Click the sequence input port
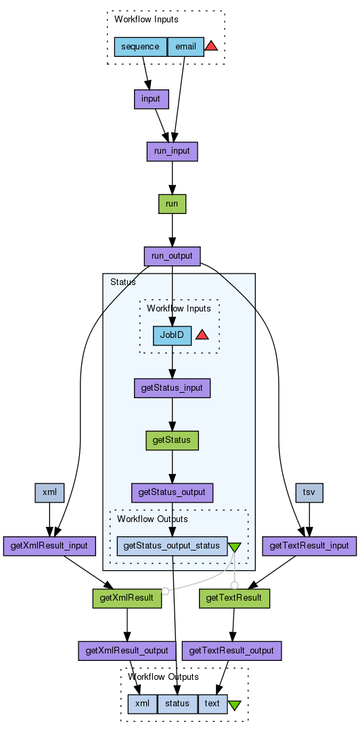tap(141, 47)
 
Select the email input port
tap(185, 47)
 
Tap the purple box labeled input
tap(151, 99)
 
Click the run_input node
tap(173, 151)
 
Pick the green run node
tap(173, 204)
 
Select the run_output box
tap(173, 256)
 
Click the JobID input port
tap(172, 335)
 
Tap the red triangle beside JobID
tap(202, 335)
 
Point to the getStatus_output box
tap(172, 492)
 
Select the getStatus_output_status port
tap(172, 546)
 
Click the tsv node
tap(309, 492)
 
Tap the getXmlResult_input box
tap(49, 546)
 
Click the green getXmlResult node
tap(127, 598)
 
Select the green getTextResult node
tap(235, 598)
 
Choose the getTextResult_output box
tap(231, 650)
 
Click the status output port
tap(178, 704)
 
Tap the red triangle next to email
tap(211, 46)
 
